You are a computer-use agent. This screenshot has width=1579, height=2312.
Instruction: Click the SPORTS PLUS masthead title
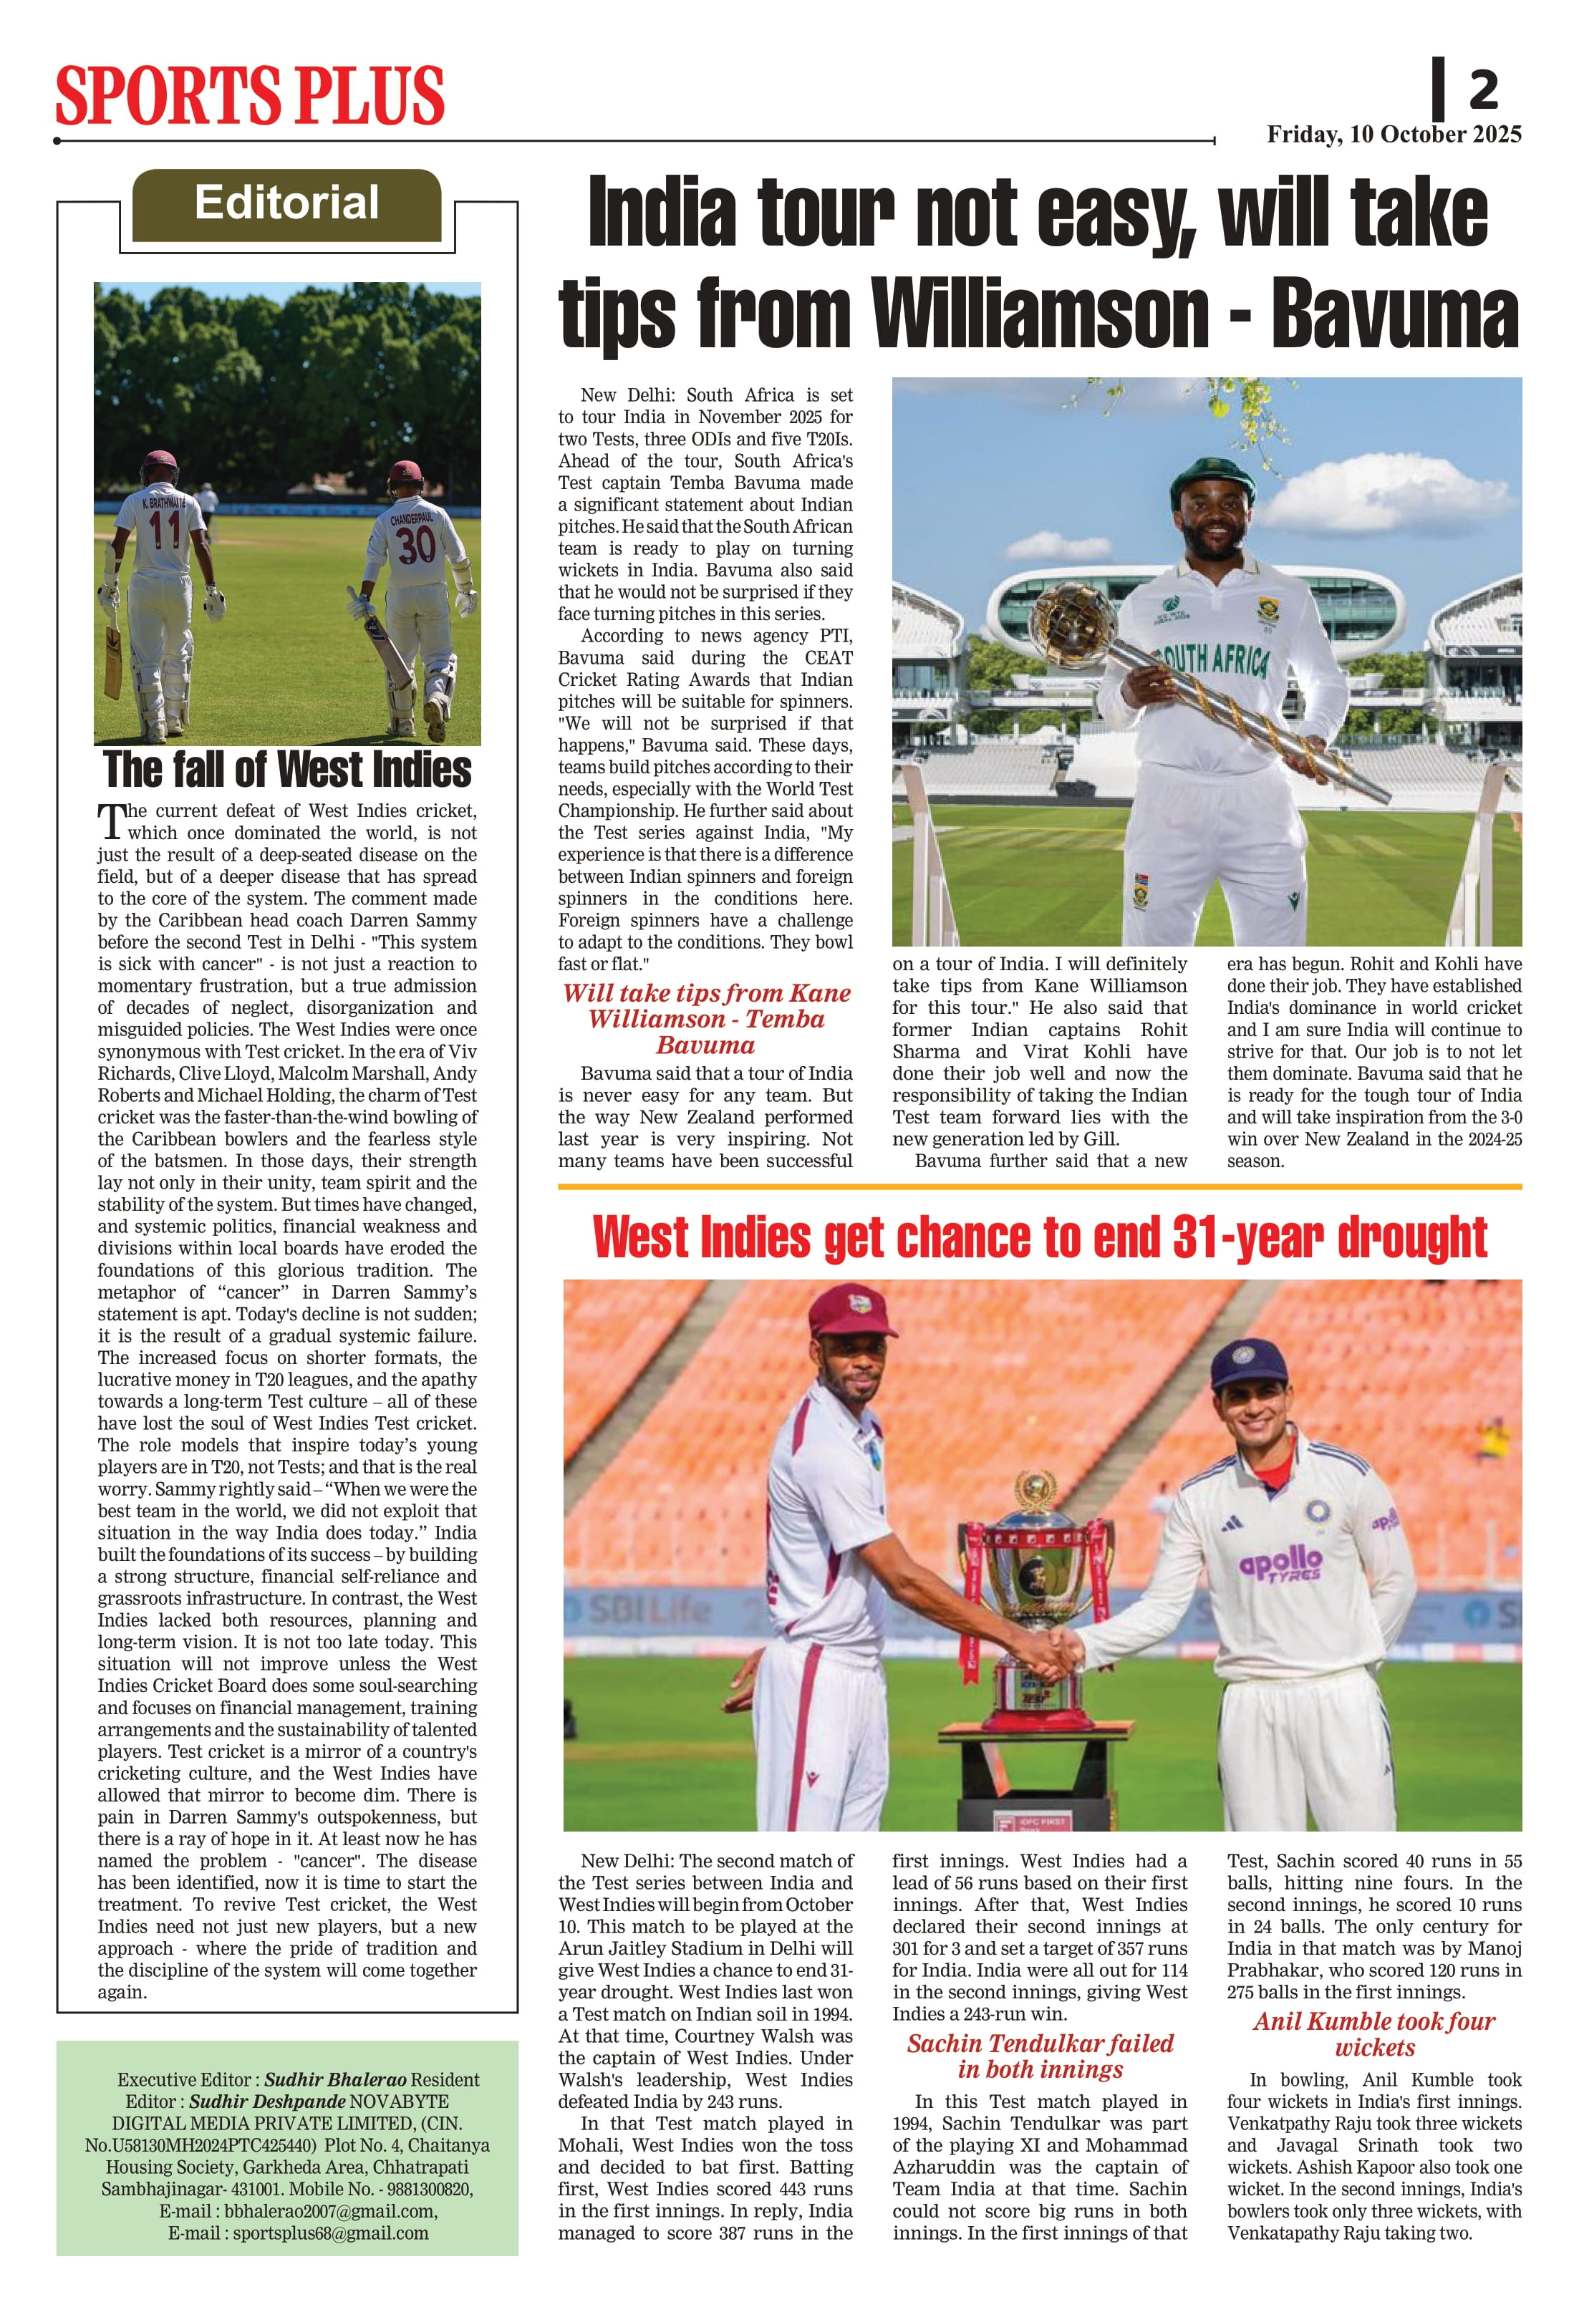248,95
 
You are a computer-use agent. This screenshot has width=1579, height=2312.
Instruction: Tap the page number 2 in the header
1482,92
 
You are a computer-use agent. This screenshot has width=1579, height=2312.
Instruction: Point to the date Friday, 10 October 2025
1393,135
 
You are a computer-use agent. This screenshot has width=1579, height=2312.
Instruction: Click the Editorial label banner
286,203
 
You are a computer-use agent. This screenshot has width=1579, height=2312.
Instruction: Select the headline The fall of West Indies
288,769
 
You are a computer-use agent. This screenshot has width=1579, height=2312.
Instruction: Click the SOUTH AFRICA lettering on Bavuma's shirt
1212,659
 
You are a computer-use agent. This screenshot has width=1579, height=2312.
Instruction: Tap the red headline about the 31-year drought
1039,1237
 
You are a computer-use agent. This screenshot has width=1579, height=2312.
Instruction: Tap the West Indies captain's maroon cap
850,1309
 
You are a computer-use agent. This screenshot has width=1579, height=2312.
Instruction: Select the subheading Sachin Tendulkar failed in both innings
1040,2056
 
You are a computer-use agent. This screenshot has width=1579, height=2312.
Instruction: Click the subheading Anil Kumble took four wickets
1374,2033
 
